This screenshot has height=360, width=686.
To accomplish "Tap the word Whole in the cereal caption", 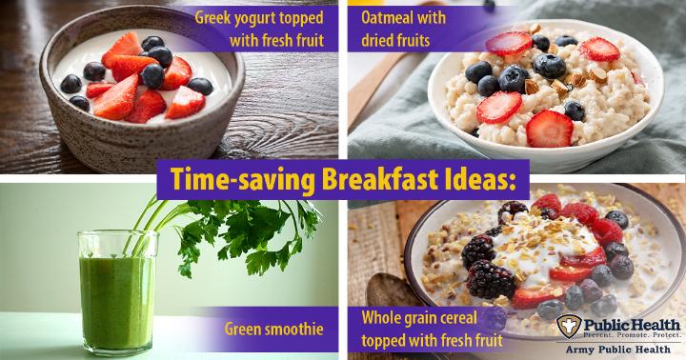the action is (380, 318).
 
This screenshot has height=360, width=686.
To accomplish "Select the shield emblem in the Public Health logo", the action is (569, 326).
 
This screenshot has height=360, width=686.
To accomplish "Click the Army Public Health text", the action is (617, 350).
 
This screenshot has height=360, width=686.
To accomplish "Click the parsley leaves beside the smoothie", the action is (245, 231).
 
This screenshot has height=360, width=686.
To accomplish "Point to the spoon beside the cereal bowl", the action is (392, 290).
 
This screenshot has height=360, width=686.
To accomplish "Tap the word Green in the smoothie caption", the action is (245, 329).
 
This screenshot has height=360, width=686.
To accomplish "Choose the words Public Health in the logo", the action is (632, 325).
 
